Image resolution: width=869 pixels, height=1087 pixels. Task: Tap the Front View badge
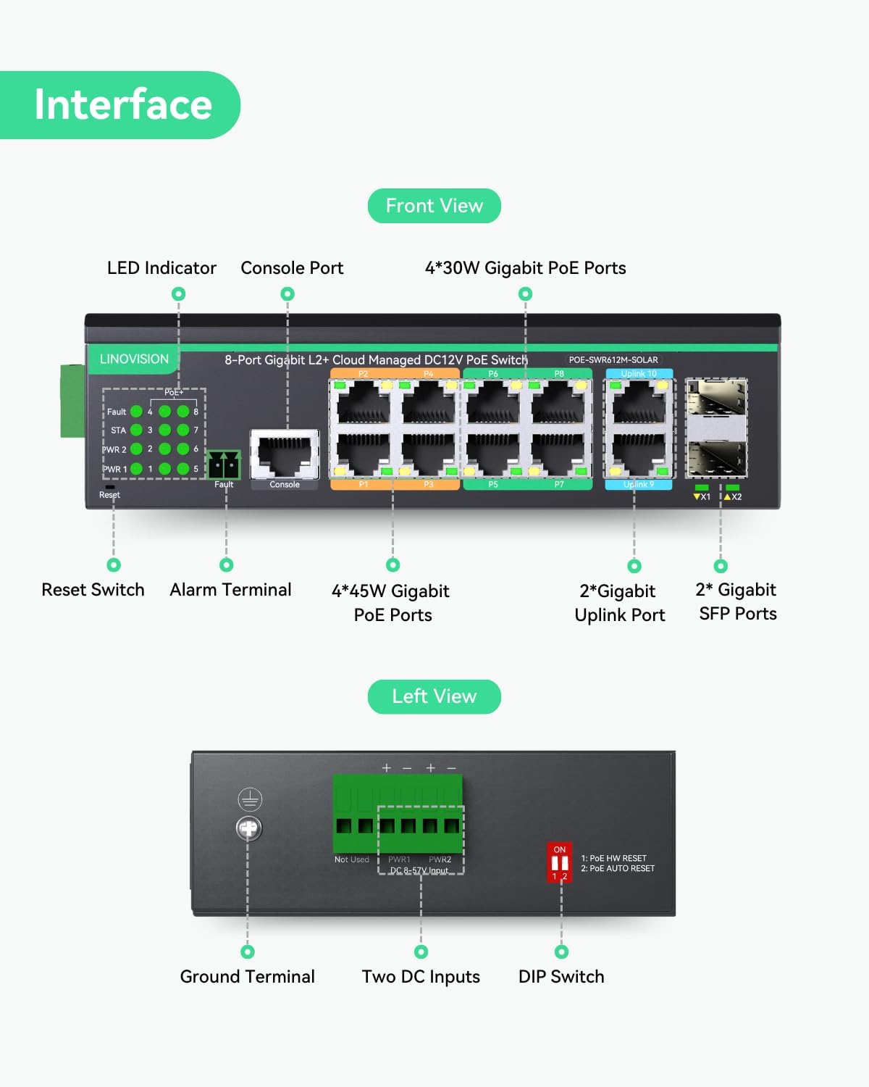pos(434,206)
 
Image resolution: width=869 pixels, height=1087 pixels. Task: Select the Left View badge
pos(434,696)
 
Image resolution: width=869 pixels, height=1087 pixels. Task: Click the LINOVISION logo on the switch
pos(134,359)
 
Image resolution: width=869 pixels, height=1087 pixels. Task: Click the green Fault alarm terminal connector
pos(223,465)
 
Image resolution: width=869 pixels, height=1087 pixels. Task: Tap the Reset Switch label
pos(93,590)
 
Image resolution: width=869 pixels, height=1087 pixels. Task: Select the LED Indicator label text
pos(161,268)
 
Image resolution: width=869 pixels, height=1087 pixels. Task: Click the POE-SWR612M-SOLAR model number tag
pos(613,359)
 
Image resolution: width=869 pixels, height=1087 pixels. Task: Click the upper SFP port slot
pos(716,399)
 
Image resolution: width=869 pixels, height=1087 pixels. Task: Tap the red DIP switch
pos(560,862)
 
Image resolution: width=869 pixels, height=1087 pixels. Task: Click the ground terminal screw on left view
pos(249,828)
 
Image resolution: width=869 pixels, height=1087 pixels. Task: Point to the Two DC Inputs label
pos(421,977)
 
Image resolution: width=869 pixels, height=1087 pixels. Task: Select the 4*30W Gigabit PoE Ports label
pos(525,268)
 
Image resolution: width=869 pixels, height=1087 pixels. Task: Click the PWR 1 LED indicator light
pos(136,469)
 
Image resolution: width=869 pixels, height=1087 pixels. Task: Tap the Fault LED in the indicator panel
pos(136,412)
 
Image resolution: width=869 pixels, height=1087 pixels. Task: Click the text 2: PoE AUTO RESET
pos(618,868)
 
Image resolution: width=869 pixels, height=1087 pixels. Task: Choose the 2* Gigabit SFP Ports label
pos(737,601)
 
